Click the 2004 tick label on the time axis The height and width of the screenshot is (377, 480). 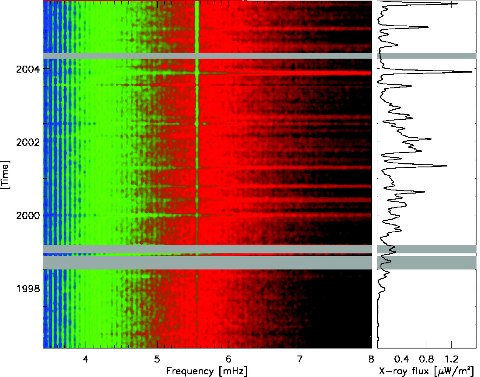click(x=28, y=69)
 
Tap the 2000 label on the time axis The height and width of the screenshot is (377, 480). click(x=28, y=216)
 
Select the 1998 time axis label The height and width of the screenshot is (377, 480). click(x=28, y=289)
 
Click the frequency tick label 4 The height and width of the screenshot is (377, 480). click(x=86, y=359)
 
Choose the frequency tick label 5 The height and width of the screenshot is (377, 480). click(x=157, y=359)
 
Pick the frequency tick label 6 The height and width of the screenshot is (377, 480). click(x=228, y=359)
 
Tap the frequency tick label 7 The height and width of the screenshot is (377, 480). click(x=299, y=359)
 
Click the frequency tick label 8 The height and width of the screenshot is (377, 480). click(x=371, y=359)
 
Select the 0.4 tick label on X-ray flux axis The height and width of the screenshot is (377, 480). click(x=402, y=359)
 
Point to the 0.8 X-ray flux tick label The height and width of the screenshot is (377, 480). click(x=426, y=359)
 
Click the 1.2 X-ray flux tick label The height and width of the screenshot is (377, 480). click(x=451, y=359)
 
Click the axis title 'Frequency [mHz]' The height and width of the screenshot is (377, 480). click(x=207, y=371)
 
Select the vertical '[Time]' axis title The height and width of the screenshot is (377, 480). click(x=5, y=175)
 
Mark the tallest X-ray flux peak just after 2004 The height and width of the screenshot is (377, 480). click(x=471, y=72)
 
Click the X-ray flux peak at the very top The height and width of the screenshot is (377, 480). click(x=457, y=4)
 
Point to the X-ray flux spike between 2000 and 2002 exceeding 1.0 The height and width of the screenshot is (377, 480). click(x=446, y=166)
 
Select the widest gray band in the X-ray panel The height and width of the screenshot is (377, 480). click(x=426, y=262)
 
